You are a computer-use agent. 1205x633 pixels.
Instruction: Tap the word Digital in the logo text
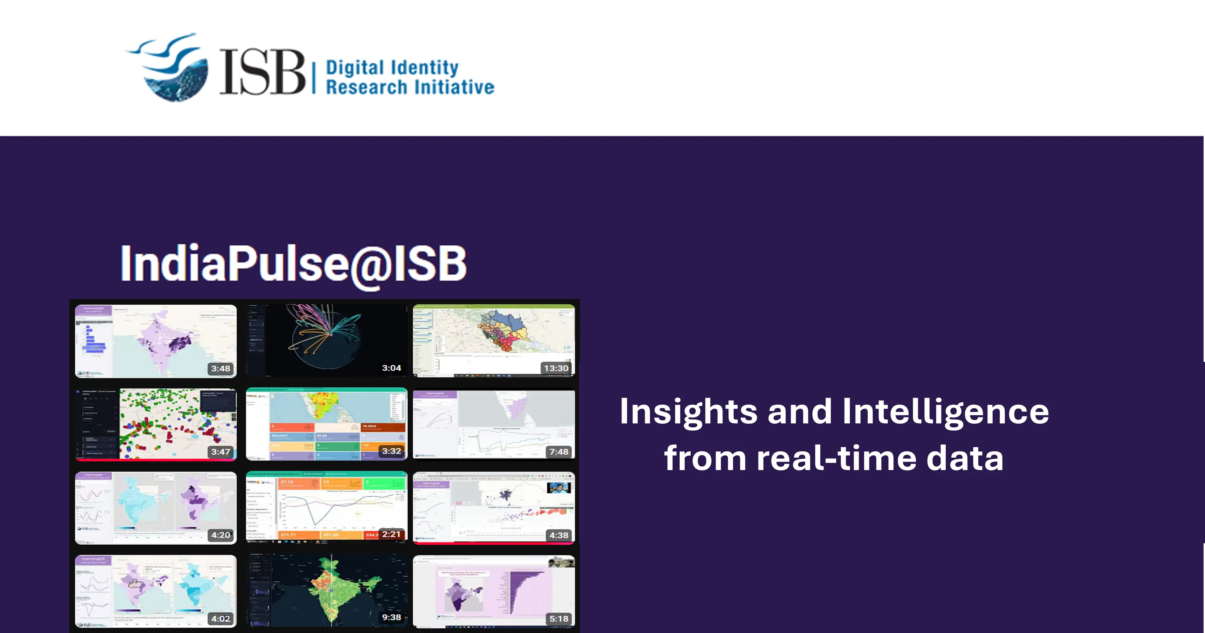pyautogui.click(x=355, y=68)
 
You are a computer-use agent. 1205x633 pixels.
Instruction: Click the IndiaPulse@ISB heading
pyautogui.click(x=293, y=264)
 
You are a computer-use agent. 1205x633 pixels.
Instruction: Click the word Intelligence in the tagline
pyautogui.click(x=945, y=412)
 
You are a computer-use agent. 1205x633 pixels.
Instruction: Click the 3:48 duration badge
pyautogui.click(x=220, y=369)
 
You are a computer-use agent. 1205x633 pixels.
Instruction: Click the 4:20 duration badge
pyautogui.click(x=220, y=535)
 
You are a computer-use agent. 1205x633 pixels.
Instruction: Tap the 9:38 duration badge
pyautogui.click(x=391, y=617)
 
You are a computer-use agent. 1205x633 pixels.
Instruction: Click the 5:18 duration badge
pyautogui.click(x=559, y=619)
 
